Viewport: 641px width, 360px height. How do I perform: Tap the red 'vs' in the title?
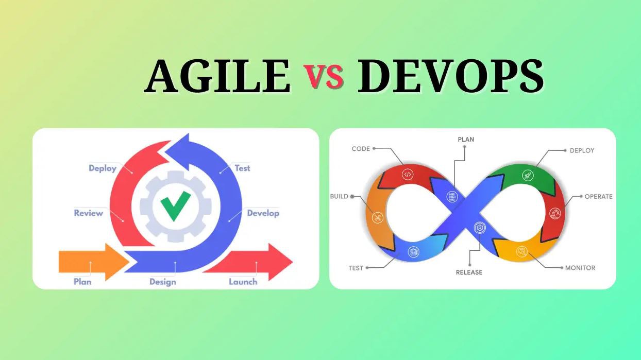tap(323, 78)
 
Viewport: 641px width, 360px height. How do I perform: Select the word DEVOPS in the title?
tap(450, 77)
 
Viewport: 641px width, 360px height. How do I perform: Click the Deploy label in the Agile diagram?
tap(103, 168)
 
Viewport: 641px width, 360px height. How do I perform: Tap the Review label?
tap(89, 213)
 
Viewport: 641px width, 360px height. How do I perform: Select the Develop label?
tap(263, 213)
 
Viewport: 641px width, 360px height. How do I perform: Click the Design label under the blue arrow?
tap(163, 282)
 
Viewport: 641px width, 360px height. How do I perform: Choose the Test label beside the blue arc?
tap(242, 168)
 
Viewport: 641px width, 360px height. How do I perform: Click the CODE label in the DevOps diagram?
tap(361, 149)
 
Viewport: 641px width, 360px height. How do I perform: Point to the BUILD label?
tap(339, 196)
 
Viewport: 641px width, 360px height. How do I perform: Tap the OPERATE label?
tap(598, 196)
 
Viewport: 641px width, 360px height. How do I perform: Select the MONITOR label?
tap(580, 268)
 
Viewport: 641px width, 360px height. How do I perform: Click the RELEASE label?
tap(469, 272)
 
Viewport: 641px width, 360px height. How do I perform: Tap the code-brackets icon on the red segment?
tap(408, 174)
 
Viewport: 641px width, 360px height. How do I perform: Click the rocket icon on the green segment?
tap(527, 175)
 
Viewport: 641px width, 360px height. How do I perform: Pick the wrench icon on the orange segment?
tap(378, 218)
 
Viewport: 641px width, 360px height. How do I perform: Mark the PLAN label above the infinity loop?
tap(466, 140)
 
